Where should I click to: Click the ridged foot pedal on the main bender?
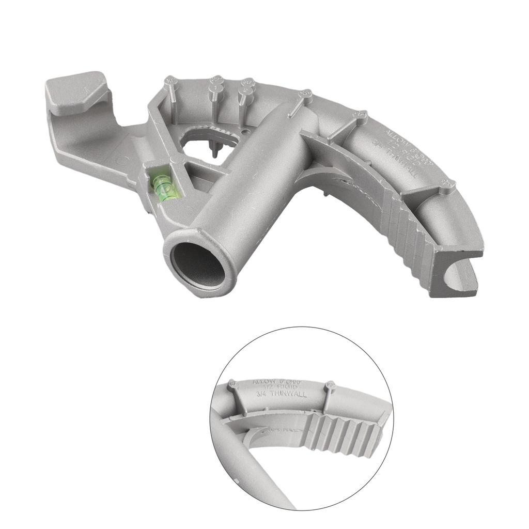[408, 243]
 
